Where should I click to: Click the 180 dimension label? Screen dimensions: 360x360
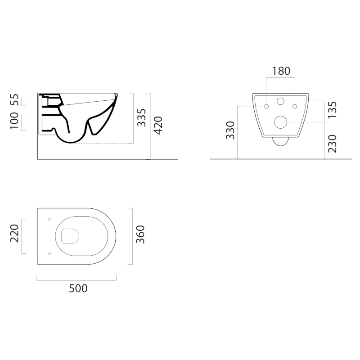(x=281, y=71)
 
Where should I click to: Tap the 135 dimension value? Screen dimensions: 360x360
(x=332, y=110)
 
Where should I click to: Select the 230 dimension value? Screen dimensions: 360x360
(x=332, y=144)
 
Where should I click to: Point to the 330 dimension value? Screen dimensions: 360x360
(x=230, y=130)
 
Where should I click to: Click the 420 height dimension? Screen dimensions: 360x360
(x=158, y=126)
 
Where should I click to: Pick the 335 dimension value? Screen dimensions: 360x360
(x=141, y=117)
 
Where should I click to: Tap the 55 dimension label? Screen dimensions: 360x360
(x=14, y=99)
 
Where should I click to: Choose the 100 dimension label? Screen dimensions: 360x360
(x=14, y=121)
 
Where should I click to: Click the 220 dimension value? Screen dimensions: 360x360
(x=14, y=234)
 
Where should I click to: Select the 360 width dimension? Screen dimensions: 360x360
(x=140, y=234)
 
